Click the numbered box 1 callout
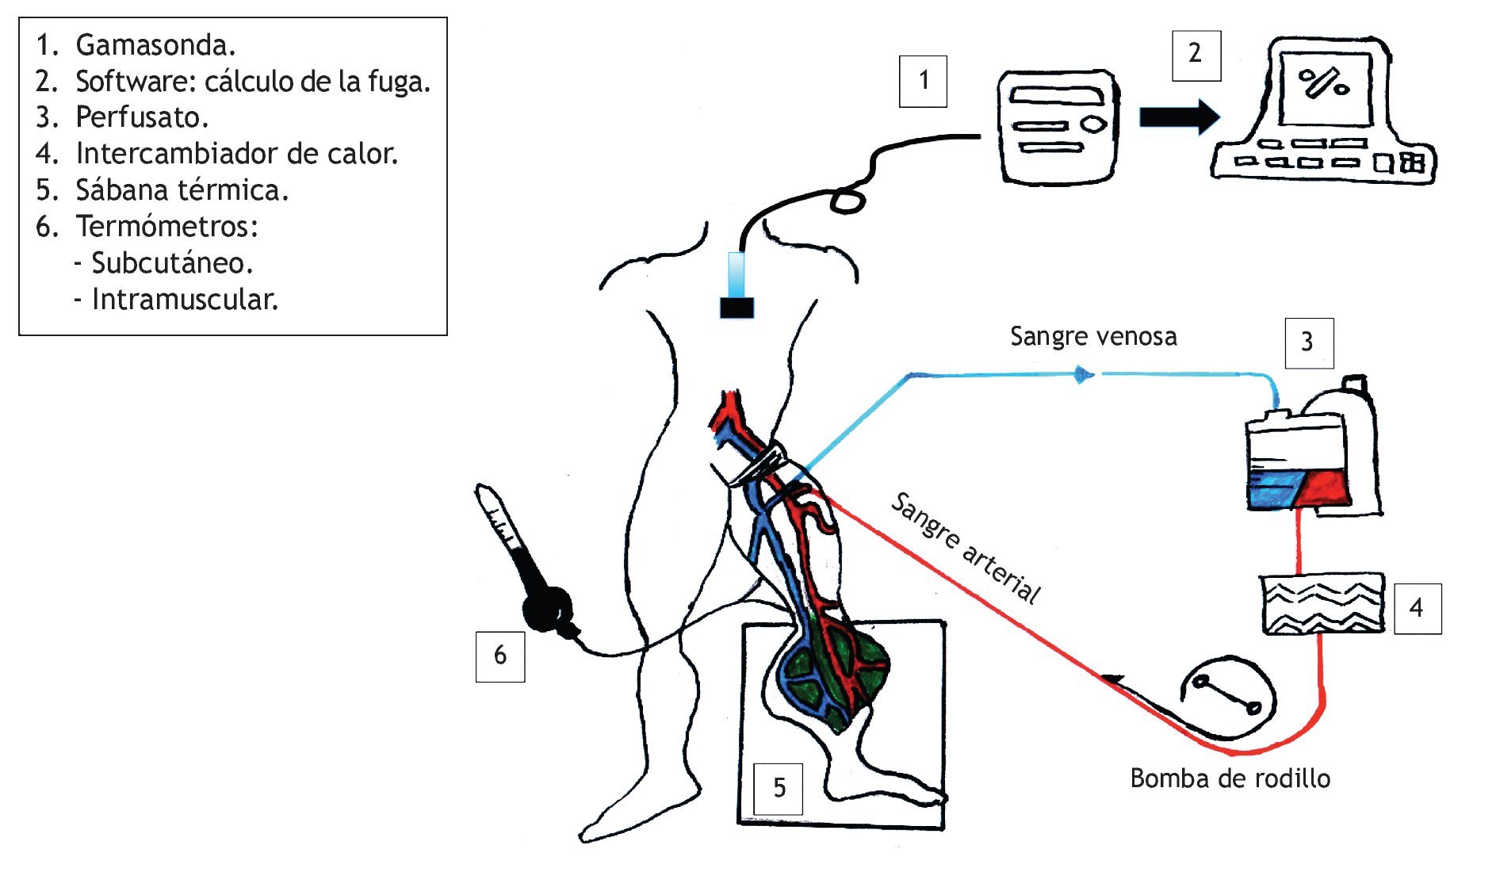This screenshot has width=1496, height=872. pyautogui.click(x=923, y=81)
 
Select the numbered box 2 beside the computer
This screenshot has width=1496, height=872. pyautogui.click(x=1196, y=55)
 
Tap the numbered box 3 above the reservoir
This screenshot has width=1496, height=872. pyautogui.click(x=1308, y=342)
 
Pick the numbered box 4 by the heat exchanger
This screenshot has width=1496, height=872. pyautogui.click(x=1417, y=609)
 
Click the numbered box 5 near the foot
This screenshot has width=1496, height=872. pyautogui.click(x=779, y=788)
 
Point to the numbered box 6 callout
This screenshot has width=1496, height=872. pyautogui.click(x=499, y=656)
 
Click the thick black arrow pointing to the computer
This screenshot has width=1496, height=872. pyautogui.click(x=1178, y=117)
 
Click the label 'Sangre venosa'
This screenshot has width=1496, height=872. pyautogui.click(x=1092, y=337)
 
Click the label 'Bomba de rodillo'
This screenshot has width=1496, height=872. pyautogui.click(x=1230, y=778)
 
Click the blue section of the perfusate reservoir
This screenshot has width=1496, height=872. pyautogui.click(x=1275, y=488)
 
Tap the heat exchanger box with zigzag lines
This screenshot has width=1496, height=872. pyautogui.click(x=1322, y=604)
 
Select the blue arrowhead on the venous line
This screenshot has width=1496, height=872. pyautogui.click(x=1083, y=374)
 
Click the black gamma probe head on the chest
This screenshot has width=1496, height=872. pyautogui.click(x=737, y=308)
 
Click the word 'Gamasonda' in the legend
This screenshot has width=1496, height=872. pyautogui.click(x=155, y=45)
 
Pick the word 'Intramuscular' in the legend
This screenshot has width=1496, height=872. pyautogui.click(x=184, y=300)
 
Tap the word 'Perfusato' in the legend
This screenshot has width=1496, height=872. pyautogui.click(x=141, y=117)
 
